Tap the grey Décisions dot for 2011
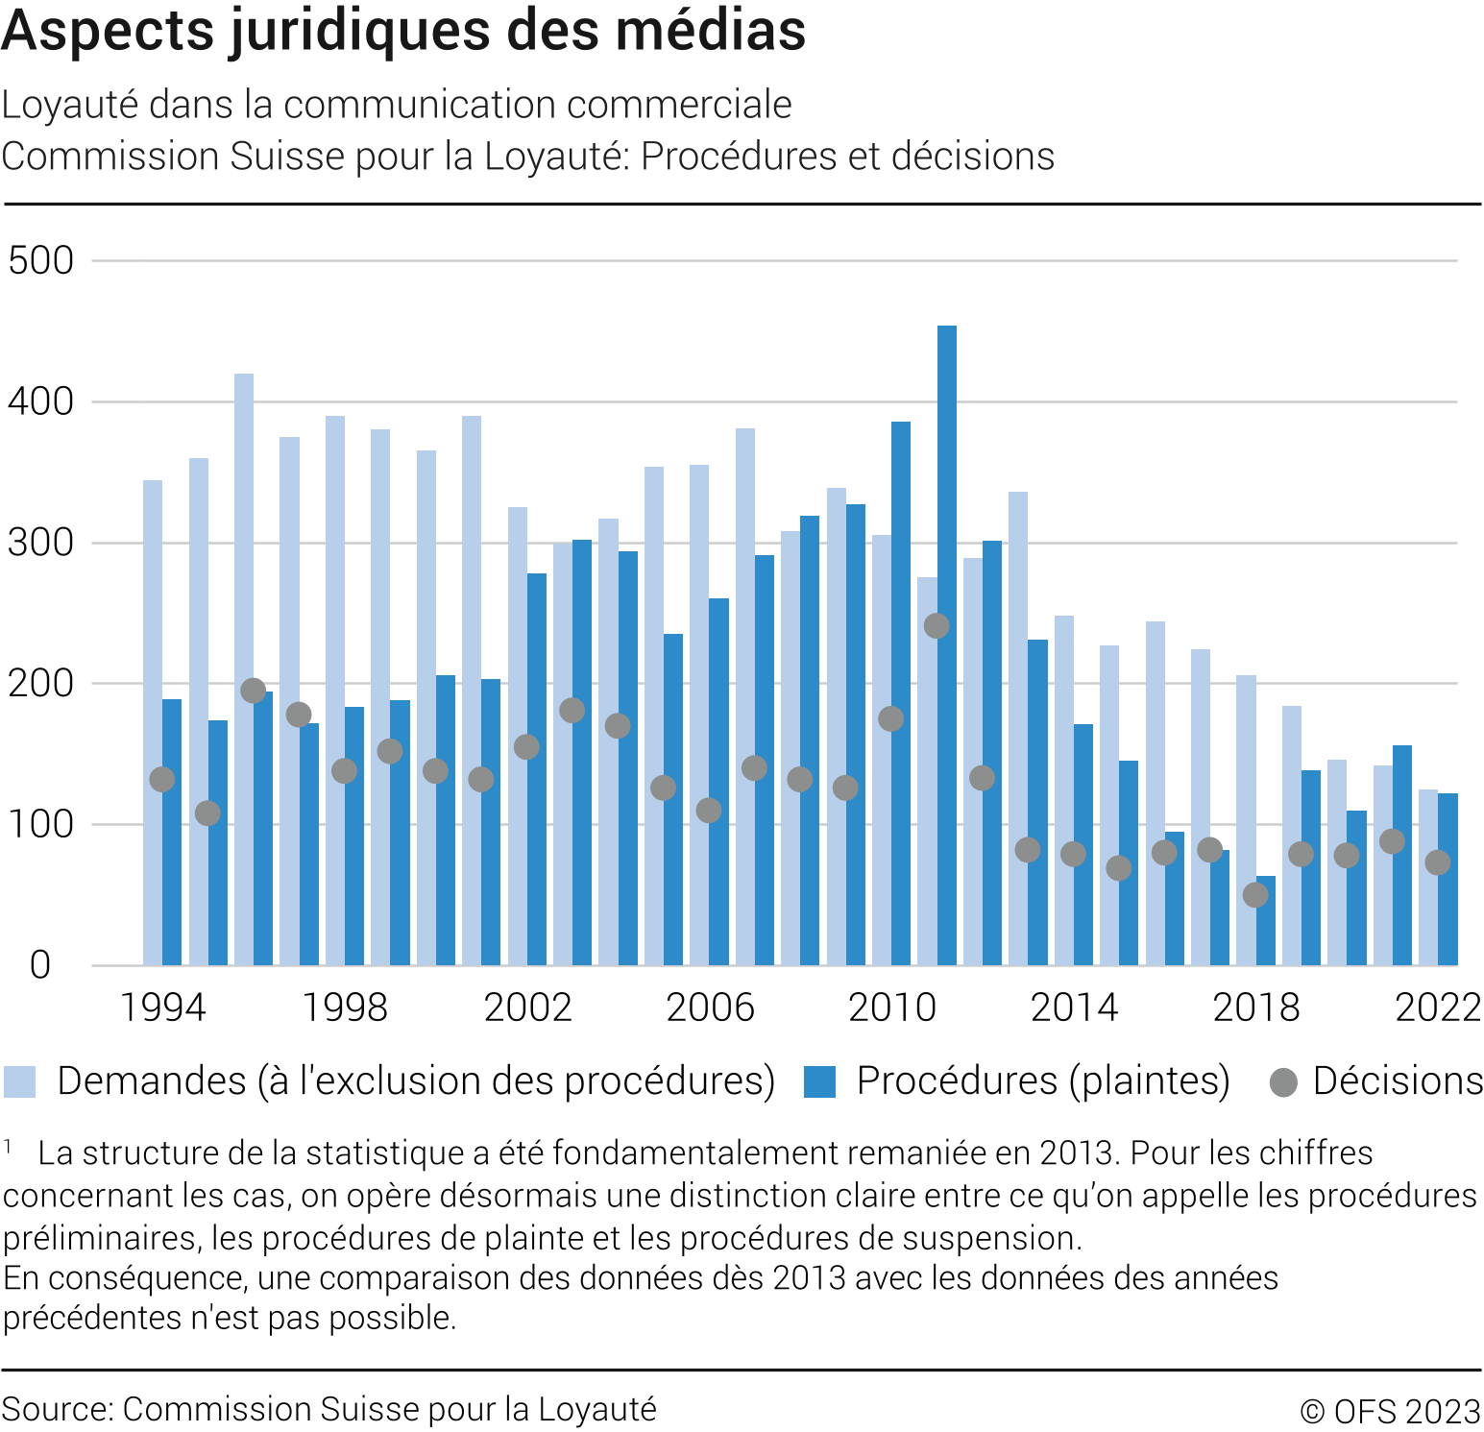[x=937, y=626]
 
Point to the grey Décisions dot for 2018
[x=1255, y=895]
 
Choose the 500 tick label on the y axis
[x=40, y=260]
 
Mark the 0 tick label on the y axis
[x=40, y=965]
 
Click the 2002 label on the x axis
[x=527, y=1007]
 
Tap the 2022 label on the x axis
[x=1438, y=1007]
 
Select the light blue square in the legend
[x=19, y=1081]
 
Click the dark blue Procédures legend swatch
[x=819, y=1081]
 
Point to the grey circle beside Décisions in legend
[x=1283, y=1082]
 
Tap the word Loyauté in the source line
[x=596, y=1409]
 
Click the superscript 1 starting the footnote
[x=8, y=1146]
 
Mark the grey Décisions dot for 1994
[x=162, y=780]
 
